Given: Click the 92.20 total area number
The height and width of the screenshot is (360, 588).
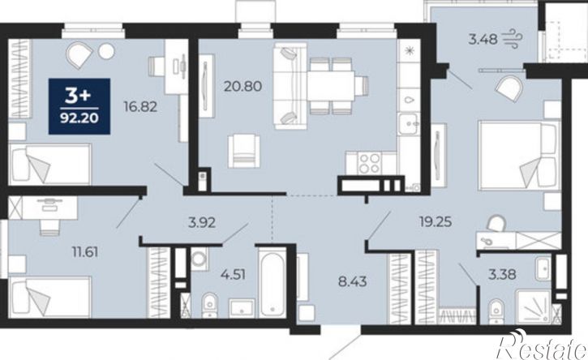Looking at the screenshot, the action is [x=79, y=118].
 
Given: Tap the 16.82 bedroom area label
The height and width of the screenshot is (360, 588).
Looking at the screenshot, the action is [x=140, y=107].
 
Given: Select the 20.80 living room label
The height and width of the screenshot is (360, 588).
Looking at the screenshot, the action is [x=243, y=87].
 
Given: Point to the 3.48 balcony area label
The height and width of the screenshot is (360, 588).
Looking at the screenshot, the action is [x=483, y=39].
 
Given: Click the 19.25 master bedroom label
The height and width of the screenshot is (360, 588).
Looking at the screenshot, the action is [x=435, y=222].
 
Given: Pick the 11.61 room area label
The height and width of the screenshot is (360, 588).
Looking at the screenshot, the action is [x=85, y=252].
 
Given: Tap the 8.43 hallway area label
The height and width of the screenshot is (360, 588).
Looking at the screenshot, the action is [x=353, y=281].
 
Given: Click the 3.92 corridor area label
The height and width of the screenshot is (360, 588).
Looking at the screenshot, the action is [x=202, y=223].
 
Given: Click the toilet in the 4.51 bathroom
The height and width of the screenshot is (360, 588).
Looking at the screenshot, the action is [x=209, y=305].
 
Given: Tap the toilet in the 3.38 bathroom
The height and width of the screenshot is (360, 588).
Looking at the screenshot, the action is [x=497, y=311].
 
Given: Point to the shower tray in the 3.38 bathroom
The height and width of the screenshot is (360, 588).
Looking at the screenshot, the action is [x=534, y=306].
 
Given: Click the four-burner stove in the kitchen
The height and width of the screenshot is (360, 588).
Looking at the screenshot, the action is [x=369, y=163].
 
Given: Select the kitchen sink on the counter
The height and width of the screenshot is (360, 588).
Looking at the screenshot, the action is [x=408, y=124].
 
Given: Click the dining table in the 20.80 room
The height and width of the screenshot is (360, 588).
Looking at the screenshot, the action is [x=331, y=85].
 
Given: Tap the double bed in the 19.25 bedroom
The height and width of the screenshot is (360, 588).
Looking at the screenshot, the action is [x=519, y=155].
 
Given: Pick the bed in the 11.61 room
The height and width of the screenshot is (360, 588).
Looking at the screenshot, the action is [x=49, y=297].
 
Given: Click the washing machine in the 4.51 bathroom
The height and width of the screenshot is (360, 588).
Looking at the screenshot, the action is [x=199, y=259].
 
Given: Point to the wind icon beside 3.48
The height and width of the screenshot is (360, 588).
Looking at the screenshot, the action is [x=512, y=39].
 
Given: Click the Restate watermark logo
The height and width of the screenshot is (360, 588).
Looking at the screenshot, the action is [x=542, y=345].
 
